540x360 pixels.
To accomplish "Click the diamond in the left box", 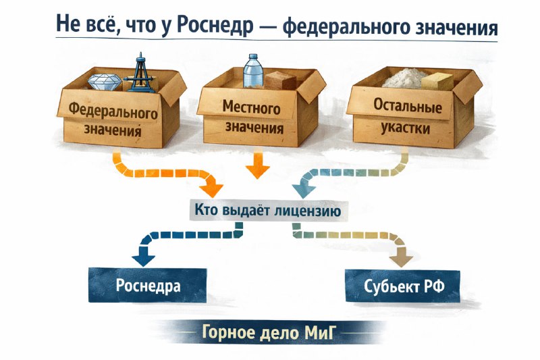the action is click(105, 82).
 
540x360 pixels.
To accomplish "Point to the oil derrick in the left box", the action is click(140, 73).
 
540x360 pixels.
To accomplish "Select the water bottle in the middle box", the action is click(253, 71).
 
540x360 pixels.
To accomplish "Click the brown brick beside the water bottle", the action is click(280, 80).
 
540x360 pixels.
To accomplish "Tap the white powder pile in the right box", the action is click(404, 78).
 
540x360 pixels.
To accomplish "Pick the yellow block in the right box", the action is click(437, 81).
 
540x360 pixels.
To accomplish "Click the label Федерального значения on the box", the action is click(113, 120).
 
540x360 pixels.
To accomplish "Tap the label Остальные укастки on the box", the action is click(406, 117).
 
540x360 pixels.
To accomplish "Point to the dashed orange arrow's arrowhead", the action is click(211, 189).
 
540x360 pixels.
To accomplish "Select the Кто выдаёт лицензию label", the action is click(267, 210).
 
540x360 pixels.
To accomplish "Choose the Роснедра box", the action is click(148, 286).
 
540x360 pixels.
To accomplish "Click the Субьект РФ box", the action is click(403, 286).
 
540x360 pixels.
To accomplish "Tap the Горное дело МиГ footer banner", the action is click(269, 332).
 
